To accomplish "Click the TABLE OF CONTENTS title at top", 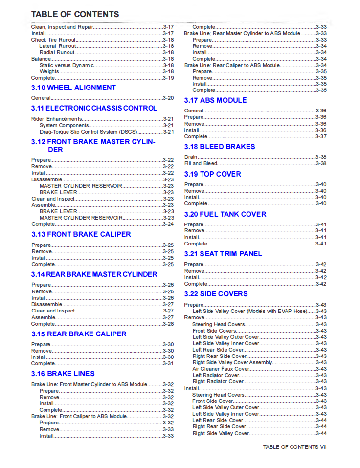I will [x=75, y=14].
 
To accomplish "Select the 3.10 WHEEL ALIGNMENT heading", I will [x=73, y=88].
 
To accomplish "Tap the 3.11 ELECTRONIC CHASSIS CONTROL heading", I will [x=94, y=108].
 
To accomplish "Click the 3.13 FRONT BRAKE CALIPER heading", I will [x=81, y=234].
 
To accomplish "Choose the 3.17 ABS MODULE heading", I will [x=215, y=100].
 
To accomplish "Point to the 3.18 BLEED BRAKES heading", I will [x=220, y=147].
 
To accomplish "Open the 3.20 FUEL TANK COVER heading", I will [x=225, y=214].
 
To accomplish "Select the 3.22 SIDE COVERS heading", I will [x=216, y=294].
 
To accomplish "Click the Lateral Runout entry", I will [x=57, y=46].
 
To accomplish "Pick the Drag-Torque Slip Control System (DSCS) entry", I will [x=88, y=132].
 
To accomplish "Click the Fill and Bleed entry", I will [x=201, y=163].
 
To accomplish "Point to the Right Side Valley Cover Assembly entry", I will [x=232, y=362].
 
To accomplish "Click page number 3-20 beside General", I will [x=168, y=98].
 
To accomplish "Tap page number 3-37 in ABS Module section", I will [x=321, y=136].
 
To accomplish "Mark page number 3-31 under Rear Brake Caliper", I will [x=168, y=363].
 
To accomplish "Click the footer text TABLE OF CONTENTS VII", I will [x=294, y=447].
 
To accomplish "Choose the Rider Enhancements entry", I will [x=56, y=119].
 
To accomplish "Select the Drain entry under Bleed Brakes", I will [x=191, y=157].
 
